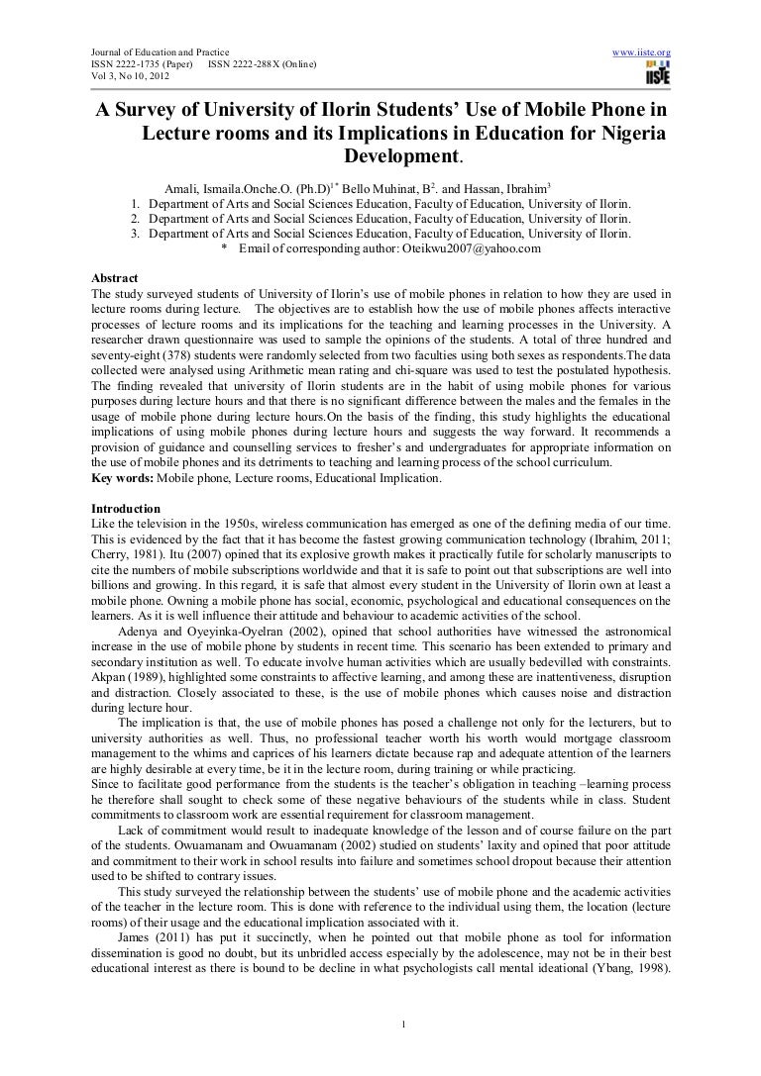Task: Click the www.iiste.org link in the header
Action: point(644,50)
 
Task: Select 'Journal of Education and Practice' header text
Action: point(160,50)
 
